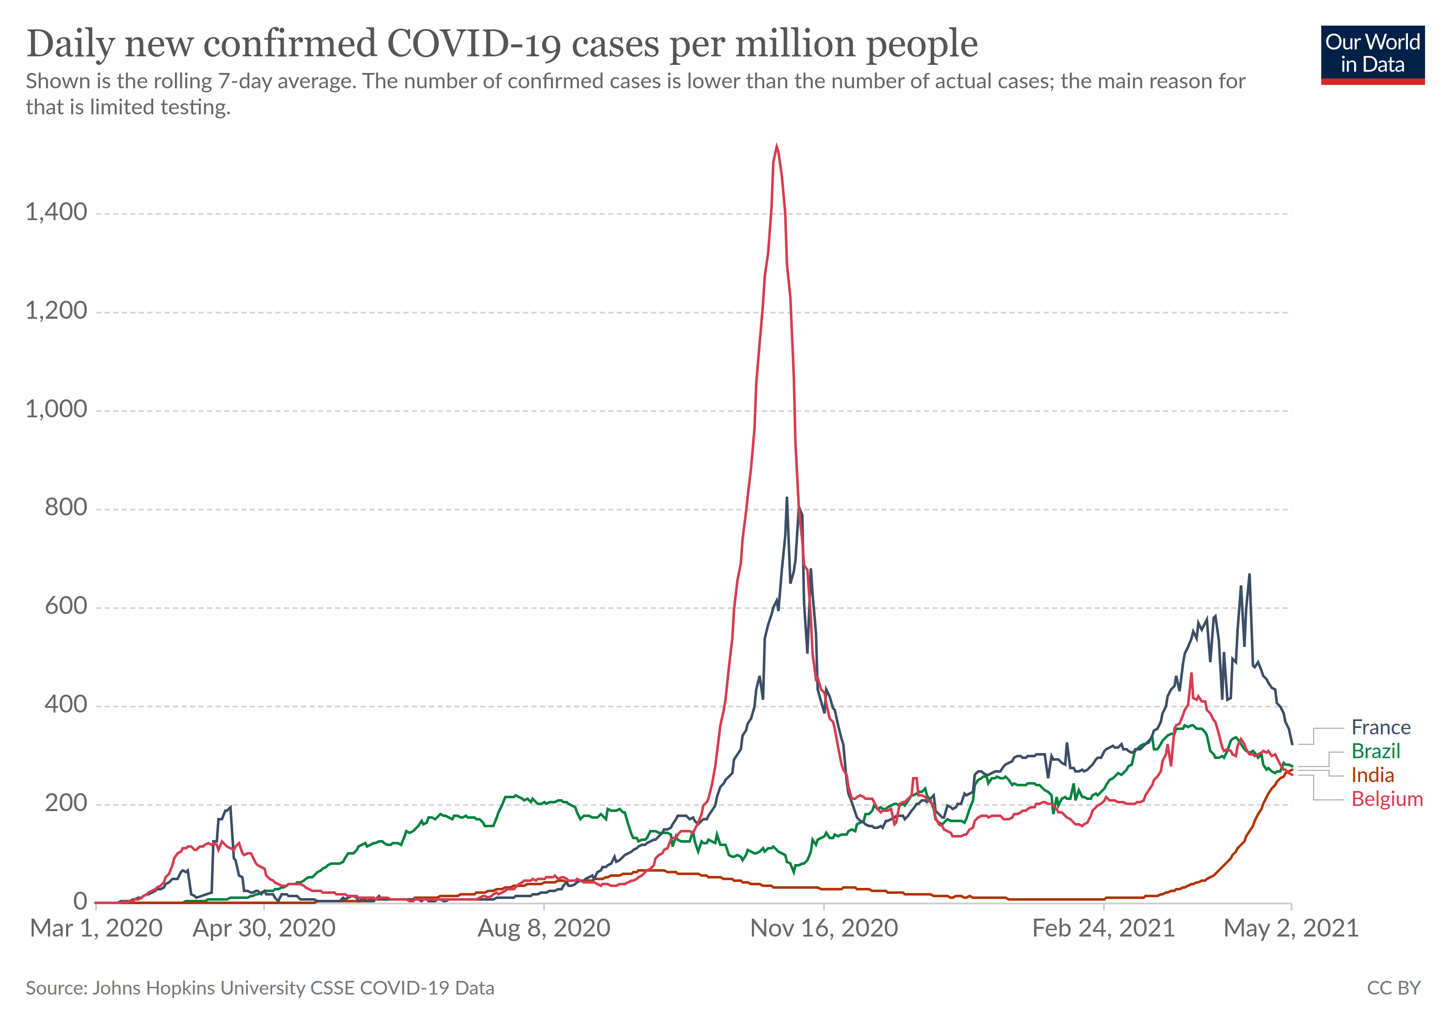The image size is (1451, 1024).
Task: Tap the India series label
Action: tap(1372, 775)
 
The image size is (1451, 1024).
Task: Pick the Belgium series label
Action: tap(1387, 799)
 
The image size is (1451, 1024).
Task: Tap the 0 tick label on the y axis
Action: tap(80, 902)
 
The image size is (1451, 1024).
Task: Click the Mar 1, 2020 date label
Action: tap(96, 928)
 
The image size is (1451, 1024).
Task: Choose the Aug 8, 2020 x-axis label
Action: tap(544, 928)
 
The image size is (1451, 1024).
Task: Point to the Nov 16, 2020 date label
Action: tap(824, 928)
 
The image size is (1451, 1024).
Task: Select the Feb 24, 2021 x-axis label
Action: tap(1104, 928)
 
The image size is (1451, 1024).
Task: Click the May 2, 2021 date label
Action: tap(1291, 928)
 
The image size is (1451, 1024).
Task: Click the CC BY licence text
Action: tap(1393, 988)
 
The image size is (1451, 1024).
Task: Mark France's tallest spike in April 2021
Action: tap(1250, 574)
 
